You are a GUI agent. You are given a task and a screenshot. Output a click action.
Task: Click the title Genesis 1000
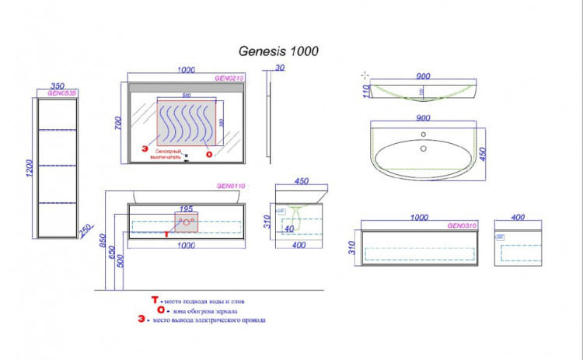click(x=277, y=51)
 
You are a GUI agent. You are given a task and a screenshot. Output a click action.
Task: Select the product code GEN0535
click(x=60, y=93)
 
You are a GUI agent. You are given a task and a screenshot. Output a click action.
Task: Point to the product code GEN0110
click(x=229, y=187)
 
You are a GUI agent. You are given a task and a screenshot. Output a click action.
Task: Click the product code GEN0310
click(x=462, y=225)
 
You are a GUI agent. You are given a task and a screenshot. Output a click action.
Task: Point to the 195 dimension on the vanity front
click(x=186, y=208)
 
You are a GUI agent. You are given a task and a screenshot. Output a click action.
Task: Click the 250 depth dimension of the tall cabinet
click(x=87, y=230)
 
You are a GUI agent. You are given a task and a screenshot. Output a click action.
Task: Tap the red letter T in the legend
click(x=155, y=299)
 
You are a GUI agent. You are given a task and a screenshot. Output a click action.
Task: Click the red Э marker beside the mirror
click(x=144, y=148)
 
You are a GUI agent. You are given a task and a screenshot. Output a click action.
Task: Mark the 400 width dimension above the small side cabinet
click(x=518, y=218)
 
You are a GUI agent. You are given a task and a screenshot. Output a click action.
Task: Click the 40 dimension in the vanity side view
click(x=288, y=229)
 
